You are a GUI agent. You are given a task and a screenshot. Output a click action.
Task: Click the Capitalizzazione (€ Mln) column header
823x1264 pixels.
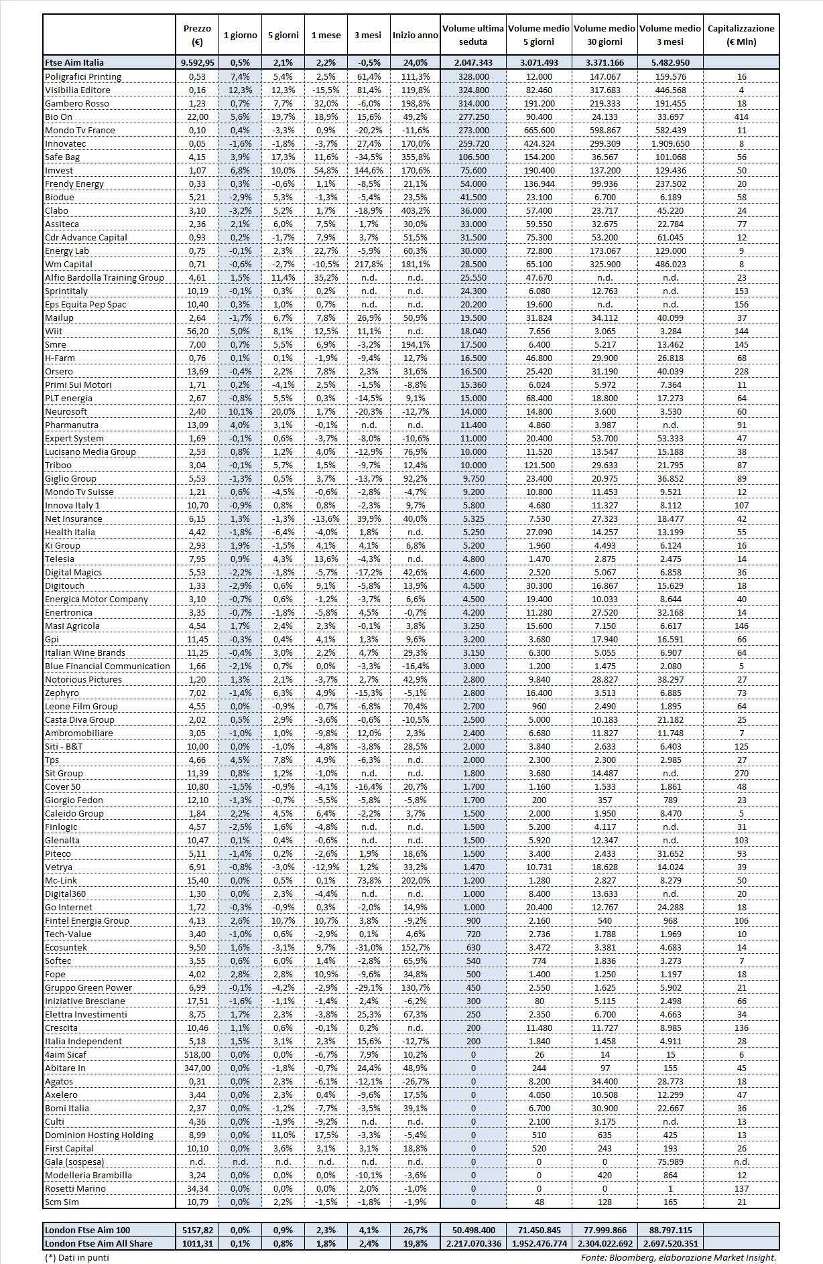click(x=741, y=35)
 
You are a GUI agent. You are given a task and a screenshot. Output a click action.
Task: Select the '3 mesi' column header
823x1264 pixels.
click(x=367, y=35)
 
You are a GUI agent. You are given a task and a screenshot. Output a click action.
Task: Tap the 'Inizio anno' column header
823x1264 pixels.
click(x=415, y=35)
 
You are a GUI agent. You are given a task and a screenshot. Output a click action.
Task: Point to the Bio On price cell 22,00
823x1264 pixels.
click(x=197, y=117)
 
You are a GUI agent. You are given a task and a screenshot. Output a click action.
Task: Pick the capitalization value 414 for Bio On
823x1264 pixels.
click(x=741, y=117)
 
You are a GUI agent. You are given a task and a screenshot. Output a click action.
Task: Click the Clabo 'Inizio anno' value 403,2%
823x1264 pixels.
click(x=415, y=210)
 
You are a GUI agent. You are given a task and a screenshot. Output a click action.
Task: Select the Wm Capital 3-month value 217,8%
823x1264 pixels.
click(x=367, y=264)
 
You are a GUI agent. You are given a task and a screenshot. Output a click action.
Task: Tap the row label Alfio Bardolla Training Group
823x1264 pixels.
click(x=104, y=277)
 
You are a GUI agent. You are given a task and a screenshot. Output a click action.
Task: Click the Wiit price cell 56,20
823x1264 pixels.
click(x=197, y=331)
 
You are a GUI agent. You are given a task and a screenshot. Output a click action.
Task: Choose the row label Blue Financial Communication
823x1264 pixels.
click(x=107, y=666)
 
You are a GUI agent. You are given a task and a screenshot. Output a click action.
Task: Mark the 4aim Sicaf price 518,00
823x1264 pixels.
click(x=197, y=1054)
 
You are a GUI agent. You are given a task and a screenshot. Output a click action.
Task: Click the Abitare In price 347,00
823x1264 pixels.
click(x=197, y=1068)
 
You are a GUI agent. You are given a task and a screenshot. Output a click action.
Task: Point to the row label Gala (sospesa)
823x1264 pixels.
click(x=74, y=1162)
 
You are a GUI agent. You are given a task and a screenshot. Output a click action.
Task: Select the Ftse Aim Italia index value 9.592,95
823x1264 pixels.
click(x=197, y=62)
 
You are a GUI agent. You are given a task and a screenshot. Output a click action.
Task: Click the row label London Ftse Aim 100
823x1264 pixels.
click(x=87, y=1230)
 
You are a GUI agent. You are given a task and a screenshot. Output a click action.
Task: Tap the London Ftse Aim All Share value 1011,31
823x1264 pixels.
click(x=197, y=1243)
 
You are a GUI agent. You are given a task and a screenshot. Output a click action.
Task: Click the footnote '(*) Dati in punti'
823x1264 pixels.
click(x=76, y=1257)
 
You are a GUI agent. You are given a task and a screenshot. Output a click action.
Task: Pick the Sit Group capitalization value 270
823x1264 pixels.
click(x=741, y=773)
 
